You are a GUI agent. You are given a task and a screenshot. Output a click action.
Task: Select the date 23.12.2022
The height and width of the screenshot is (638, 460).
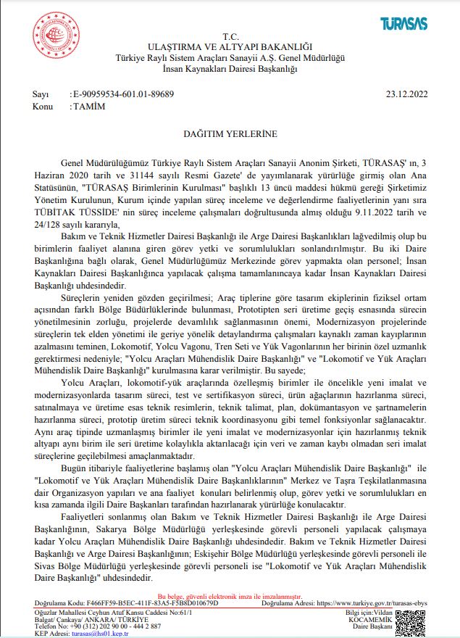coord(408,94)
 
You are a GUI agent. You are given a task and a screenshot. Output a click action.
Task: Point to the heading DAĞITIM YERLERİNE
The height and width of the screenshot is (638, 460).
coord(230,134)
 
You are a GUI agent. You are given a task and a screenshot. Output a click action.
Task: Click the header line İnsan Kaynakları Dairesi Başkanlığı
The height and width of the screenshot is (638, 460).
coord(230,68)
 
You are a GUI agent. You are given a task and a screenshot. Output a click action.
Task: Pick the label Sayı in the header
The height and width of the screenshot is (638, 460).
coord(41,94)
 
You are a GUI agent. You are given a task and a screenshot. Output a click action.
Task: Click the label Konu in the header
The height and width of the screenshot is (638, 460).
coord(43,106)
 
